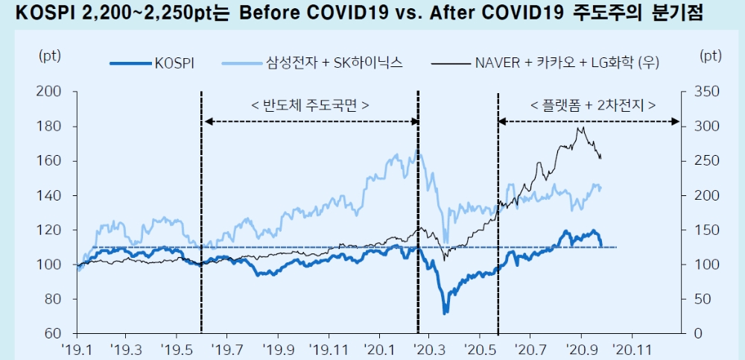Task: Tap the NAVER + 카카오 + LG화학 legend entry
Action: pyautogui.click(x=566, y=63)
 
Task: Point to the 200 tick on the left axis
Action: pyautogui.click(x=51, y=92)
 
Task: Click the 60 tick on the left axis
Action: pyautogui.click(x=54, y=333)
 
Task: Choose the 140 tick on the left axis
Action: pyautogui.click(x=51, y=195)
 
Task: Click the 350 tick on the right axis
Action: pyautogui.click(x=700, y=92)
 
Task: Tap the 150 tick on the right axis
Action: pyautogui.click(x=700, y=230)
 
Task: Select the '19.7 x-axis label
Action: pyautogui.click(x=227, y=348)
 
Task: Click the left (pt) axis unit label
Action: pyautogui.click(x=50, y=56)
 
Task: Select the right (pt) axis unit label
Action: pyautogui.click(x=711, y=56)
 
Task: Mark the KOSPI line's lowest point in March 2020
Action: pyautogui.click(x=446, y=312)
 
